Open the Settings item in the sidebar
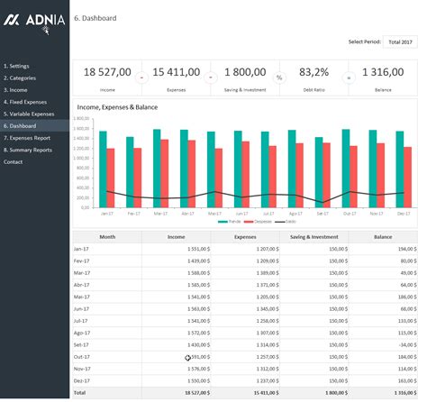pyautogui.click(x=17, y=67)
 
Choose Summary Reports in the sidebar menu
pyautogui.click(x=29, y=150)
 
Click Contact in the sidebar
pyautogui.click(x=14, y=161)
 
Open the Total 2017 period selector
pyautogui.click(x=399, y=41)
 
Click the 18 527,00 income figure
pyautogui.click(x=107, y=72)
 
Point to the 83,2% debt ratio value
pyautogui.click(x=313, y=72)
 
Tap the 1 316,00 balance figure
pyautogui.click(x=382, y=72)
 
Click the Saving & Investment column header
pyautogui.click(x=312, y=236)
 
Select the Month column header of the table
pyautogui.click(x=107, y=236)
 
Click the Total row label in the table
pyautogui.click(x=79, y=394)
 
